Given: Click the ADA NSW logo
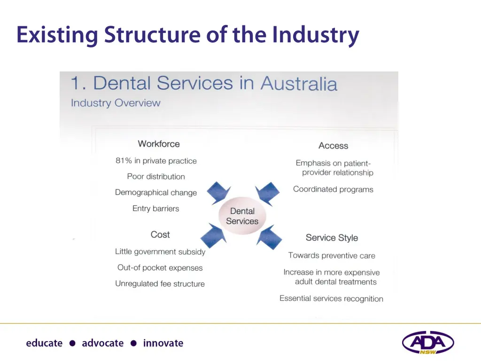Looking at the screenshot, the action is (427, 342).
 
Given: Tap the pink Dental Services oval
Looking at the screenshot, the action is (242, 216).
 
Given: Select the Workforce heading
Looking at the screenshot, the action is (159, 144).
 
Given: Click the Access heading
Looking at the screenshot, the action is (333, 146).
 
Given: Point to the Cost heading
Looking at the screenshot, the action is (160, 235).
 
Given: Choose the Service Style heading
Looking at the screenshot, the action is (332, 238).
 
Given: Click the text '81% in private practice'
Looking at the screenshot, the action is (156, 161).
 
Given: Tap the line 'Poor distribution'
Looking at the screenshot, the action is (156, 177).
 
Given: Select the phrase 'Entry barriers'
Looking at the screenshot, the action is (155, 209).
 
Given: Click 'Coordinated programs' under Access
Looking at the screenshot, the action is (333, 189).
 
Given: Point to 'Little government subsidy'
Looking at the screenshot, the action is (160, 252).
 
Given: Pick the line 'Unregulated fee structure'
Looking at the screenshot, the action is (160, 284).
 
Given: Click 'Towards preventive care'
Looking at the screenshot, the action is (332, 256).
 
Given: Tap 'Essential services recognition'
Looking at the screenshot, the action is (331, 298).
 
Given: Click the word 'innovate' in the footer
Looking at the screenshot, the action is (163, 343).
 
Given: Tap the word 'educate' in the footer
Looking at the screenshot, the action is (44, 343).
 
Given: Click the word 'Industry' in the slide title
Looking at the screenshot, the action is (316, 35).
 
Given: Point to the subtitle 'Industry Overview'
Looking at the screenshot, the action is (116, 103).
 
